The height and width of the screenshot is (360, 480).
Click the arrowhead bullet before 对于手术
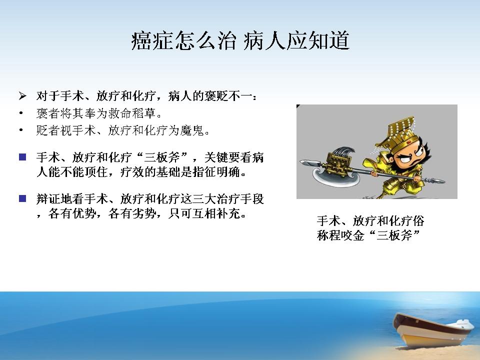point(22,96)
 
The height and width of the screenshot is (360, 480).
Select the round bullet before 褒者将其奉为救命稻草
point(21,113)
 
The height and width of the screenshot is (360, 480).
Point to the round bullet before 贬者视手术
point(21,130)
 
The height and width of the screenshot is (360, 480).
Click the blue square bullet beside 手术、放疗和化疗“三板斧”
point(22,157)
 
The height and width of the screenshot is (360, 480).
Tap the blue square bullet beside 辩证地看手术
point(22,198)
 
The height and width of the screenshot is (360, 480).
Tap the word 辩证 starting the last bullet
point(48,199)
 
